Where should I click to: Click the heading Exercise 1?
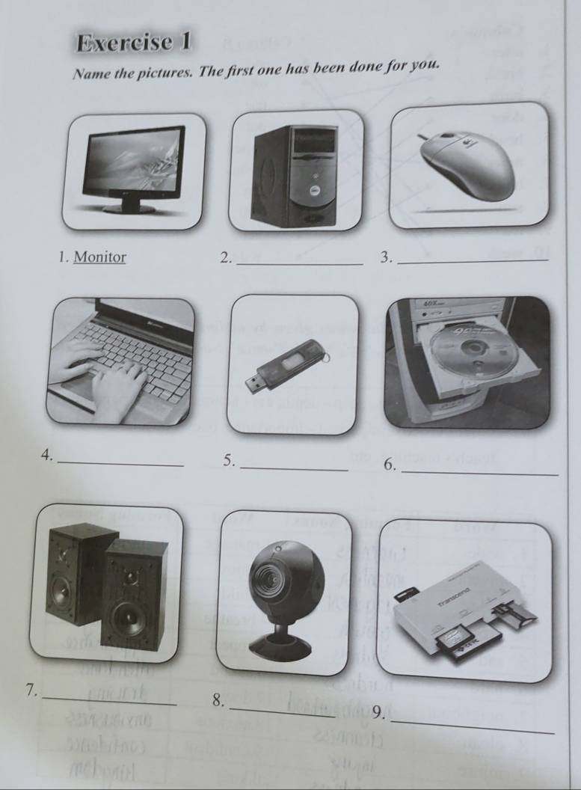point(134,43)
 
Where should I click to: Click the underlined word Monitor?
point(100,257)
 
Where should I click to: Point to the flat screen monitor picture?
point(135,168)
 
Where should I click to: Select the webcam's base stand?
point(279,641)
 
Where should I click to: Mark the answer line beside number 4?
point(120,465)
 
